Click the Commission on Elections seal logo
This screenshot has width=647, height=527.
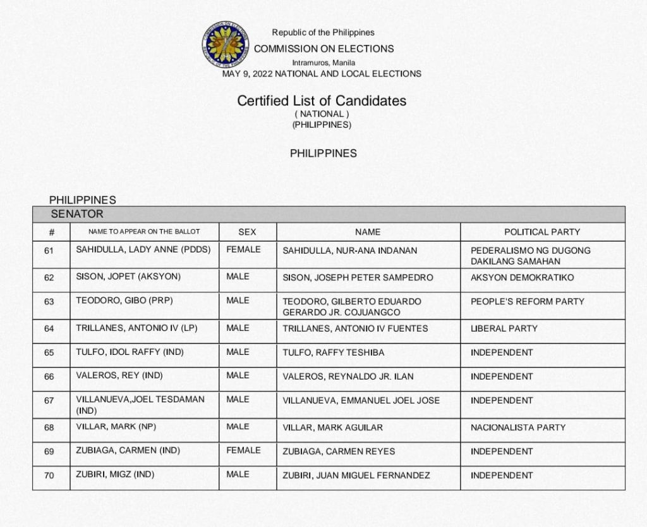[225, 44]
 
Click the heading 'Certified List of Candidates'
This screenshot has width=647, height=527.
[322, 101]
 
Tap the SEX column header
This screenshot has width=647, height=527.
[247, 232]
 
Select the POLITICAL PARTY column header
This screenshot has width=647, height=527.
[542, 232]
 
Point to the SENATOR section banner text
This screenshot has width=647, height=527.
[77, 214]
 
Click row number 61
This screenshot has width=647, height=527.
[49, 251]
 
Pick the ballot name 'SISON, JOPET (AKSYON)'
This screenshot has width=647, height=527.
[128, 277]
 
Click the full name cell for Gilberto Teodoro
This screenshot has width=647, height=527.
[352, 307]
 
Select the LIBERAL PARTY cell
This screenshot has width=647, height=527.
[504, 328]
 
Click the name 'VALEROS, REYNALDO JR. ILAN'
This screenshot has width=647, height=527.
[348, 376]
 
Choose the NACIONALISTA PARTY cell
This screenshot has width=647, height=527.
[518, 428]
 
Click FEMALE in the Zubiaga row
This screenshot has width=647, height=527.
[243, 450]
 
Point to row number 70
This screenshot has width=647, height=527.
[49, 475]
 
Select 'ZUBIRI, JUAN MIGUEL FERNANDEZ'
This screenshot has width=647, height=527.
[356, 475]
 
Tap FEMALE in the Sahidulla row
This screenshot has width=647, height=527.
[243, 249]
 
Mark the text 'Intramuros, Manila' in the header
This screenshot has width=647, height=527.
[323, 63]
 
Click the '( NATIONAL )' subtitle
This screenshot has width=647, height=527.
[322, 114]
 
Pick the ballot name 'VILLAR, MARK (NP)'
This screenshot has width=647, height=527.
[116, 427]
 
